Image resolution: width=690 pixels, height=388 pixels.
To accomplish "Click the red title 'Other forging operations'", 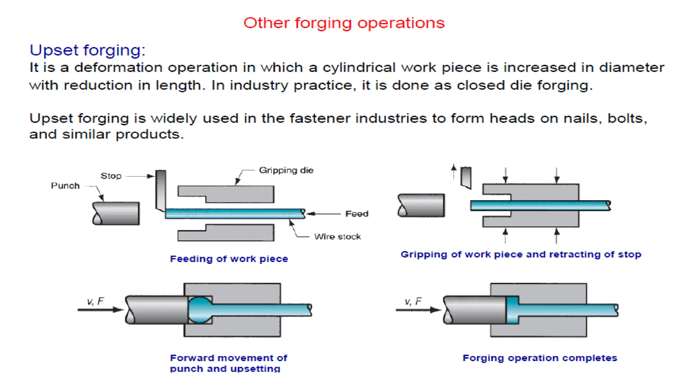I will (x=344, y=23).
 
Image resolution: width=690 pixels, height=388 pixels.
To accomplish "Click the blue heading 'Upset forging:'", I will (x=88, y=50).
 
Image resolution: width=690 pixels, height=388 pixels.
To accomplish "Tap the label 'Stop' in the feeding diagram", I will (x=111, y=176).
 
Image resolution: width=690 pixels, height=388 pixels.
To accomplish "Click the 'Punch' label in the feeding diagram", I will (x=65, y=186).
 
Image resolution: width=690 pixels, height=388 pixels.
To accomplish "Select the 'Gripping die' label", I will (x=286, y=170).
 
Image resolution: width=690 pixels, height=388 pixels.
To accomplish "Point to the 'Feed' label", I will (x=357, y=214).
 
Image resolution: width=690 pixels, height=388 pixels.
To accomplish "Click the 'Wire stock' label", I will (x=337, y=236).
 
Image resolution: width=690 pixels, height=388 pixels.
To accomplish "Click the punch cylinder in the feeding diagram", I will (x=116, y=214).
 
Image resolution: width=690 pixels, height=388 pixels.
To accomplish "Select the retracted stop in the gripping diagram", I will (x=466, y=177).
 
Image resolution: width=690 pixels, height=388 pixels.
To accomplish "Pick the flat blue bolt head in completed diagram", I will (x=512, y=310).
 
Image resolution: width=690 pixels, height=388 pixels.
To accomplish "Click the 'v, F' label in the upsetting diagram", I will (x=95, y=301).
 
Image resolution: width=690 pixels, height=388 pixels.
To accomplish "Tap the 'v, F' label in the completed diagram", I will (x=413, y=301).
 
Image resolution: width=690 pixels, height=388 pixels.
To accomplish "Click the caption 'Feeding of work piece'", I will (x=229, y=259).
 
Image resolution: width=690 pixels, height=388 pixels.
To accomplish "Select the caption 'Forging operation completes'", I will (x=540, y=358).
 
